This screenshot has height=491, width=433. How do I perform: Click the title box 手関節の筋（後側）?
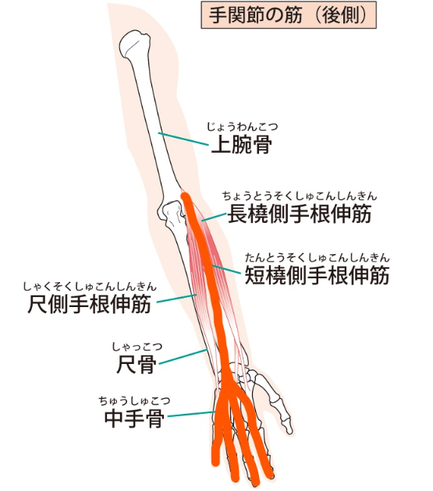click(x=289, y=15)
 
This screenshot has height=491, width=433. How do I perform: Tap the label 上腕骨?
click(x=241, y=145)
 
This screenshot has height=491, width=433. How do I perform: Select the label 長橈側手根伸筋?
click(x=300, y=214)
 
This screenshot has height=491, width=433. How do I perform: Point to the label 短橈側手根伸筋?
click(x=317, y=275)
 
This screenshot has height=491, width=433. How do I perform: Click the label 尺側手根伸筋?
click(x=90, y=304)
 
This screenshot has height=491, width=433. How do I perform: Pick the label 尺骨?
click(x=137, y=364)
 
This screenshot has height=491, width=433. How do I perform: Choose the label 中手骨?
click(x=134, y=419)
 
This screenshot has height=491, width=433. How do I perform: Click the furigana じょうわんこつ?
click(x=242, y=127)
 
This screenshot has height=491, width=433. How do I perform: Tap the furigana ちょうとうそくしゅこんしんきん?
click(x=300, y=196)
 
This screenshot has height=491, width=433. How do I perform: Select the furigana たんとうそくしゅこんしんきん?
click(x=317, y=257)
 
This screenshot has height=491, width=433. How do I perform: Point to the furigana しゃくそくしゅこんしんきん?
click(x=90, y=286)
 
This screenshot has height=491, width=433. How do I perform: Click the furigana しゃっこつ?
click(x=137, y=347)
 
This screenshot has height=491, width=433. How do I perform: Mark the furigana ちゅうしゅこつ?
click(x=134, y=401)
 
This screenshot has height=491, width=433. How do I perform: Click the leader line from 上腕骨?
click(x=183, y=139)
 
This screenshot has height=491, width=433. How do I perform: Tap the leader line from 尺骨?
click(x=183, y=357)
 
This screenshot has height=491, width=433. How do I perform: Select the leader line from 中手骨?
click(x=192, y=415)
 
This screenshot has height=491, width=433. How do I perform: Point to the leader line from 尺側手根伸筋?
click(x=176, y=298)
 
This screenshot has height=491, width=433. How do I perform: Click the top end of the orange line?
click(x=186, y=196)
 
